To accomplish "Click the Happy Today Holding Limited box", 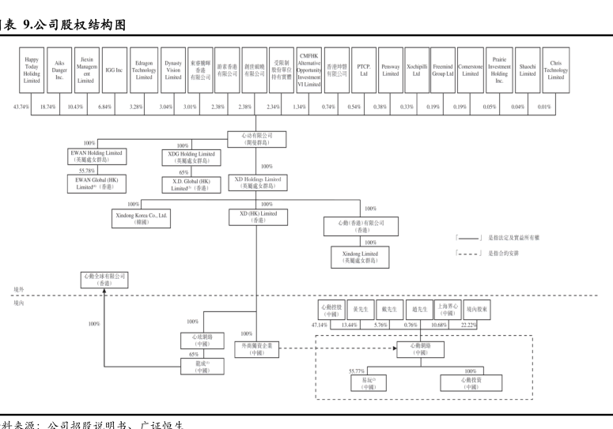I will click(x=32, y=70).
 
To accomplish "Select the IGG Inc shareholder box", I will click(x=114, y=70).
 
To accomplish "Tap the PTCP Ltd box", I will click(x=364, y=70).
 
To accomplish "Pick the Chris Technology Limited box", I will click(x=556, y=70).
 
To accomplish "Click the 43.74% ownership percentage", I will click(x=21, y=107).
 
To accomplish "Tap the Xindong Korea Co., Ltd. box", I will click(x=142, y=217).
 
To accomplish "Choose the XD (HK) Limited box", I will click(x=257, y=217).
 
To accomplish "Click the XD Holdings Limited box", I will click(x=257, y=183).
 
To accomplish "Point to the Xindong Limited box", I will click(x=360, y=257).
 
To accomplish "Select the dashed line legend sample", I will click(x=469, y=254).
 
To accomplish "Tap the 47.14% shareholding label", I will click(x=319, y=325).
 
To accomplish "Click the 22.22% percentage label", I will click(x=468, y=325).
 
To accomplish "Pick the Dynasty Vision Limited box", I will click(x=173, y=70).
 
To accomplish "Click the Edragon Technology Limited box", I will click(x=144, y=70).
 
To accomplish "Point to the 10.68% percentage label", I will click(x=439, y=325).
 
